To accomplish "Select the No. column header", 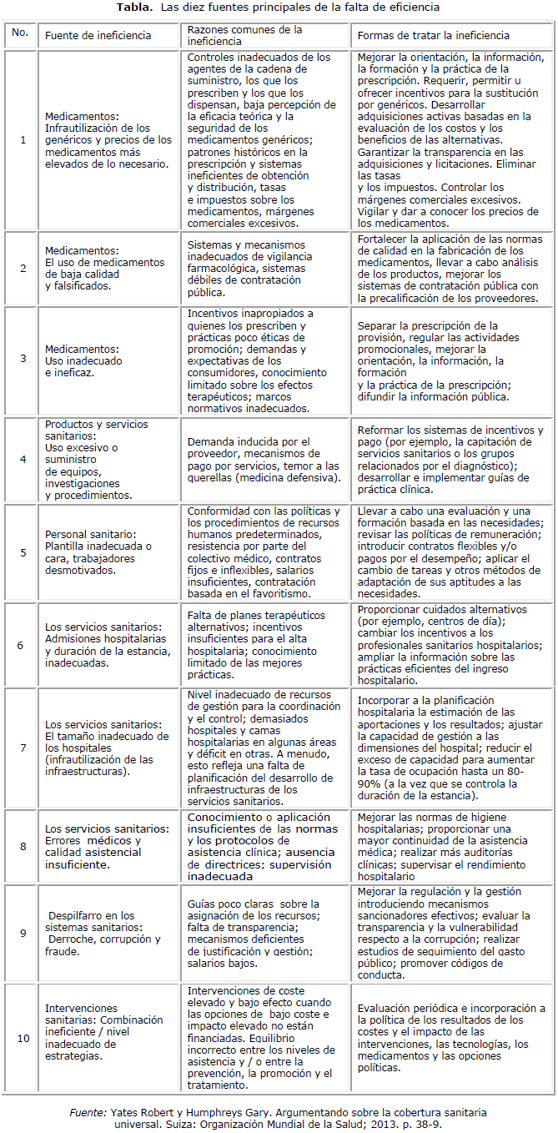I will coord(21,34).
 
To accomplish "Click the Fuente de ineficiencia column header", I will coord(98,36).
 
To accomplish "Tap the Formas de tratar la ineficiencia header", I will coord(433,36).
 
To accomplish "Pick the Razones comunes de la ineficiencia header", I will coord(244,35).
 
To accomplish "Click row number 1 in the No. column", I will coord(22,139).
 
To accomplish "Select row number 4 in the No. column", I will coord(22,459).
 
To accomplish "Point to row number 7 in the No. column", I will coord(22,748).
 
